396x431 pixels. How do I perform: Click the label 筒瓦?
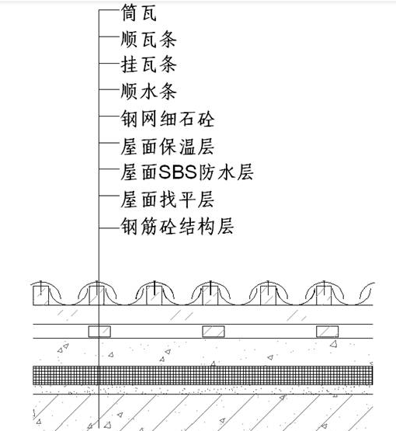coord(139,12)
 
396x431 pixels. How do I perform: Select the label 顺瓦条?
coord(148,39)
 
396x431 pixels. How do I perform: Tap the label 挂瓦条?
coord(148,65)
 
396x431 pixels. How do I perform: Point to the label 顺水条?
coord(148,92)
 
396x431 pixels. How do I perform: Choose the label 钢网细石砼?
coord(168,119)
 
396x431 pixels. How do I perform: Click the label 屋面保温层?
coord(168,147)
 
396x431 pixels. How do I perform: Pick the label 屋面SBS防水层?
coord(187,172)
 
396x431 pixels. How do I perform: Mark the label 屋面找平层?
coord(168,200)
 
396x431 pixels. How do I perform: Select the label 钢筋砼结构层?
coord(177,226)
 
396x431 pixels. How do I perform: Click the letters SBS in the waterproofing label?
coord(178,172)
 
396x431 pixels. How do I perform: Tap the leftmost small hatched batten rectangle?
coord(99,332)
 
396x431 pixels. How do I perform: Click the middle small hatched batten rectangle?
coord(214,332)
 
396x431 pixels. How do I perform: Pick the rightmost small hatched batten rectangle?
coord(327,332)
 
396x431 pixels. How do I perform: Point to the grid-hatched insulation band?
coord(203,375)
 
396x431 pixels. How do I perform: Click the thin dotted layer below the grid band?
coord(203,390)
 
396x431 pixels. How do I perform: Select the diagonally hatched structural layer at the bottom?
coord(203,412)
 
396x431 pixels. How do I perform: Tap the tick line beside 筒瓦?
coord(109,10)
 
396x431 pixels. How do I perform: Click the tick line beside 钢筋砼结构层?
coord(109,228)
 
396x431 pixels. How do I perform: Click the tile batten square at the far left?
coord(41,296)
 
